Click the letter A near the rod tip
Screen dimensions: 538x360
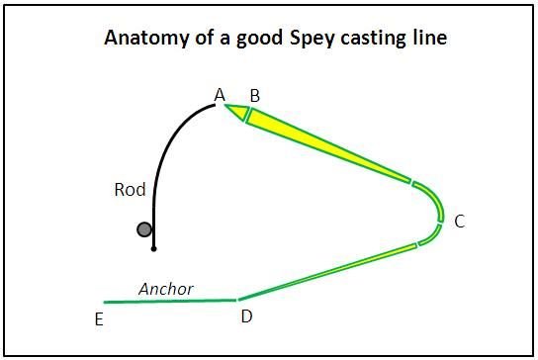[221, 95]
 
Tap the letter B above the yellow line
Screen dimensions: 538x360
[254, 96]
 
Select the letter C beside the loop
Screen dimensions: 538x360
[459, 222]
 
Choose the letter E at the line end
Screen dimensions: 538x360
[98, 319]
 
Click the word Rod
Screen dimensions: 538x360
[131, 189]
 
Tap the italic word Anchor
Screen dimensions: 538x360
[166, 289]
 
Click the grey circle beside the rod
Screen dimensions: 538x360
[144, 229]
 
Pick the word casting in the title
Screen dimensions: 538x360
[362, 42]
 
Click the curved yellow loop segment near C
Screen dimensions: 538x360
[433, 210]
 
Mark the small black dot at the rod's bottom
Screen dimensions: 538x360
[153, 249]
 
